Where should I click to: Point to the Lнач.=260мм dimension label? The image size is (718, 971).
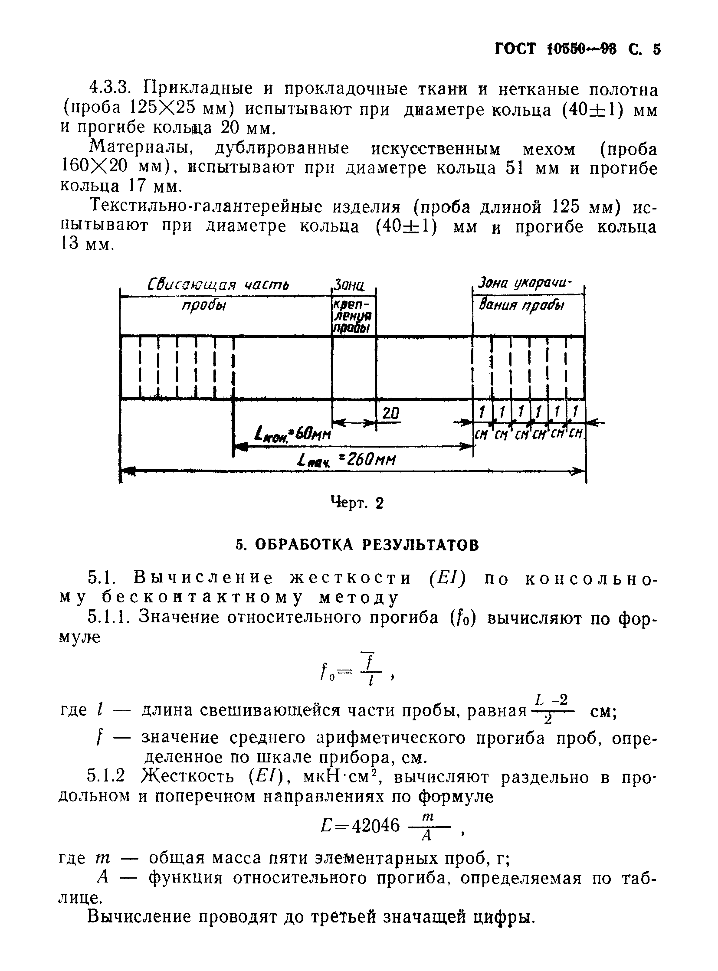[347, 460]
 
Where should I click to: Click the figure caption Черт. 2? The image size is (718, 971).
[357, 503]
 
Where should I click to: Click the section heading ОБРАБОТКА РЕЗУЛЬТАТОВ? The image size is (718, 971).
[367, 545]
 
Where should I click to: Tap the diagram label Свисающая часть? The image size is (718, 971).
[219, 285]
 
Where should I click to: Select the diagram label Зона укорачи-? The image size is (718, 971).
[525, 284]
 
